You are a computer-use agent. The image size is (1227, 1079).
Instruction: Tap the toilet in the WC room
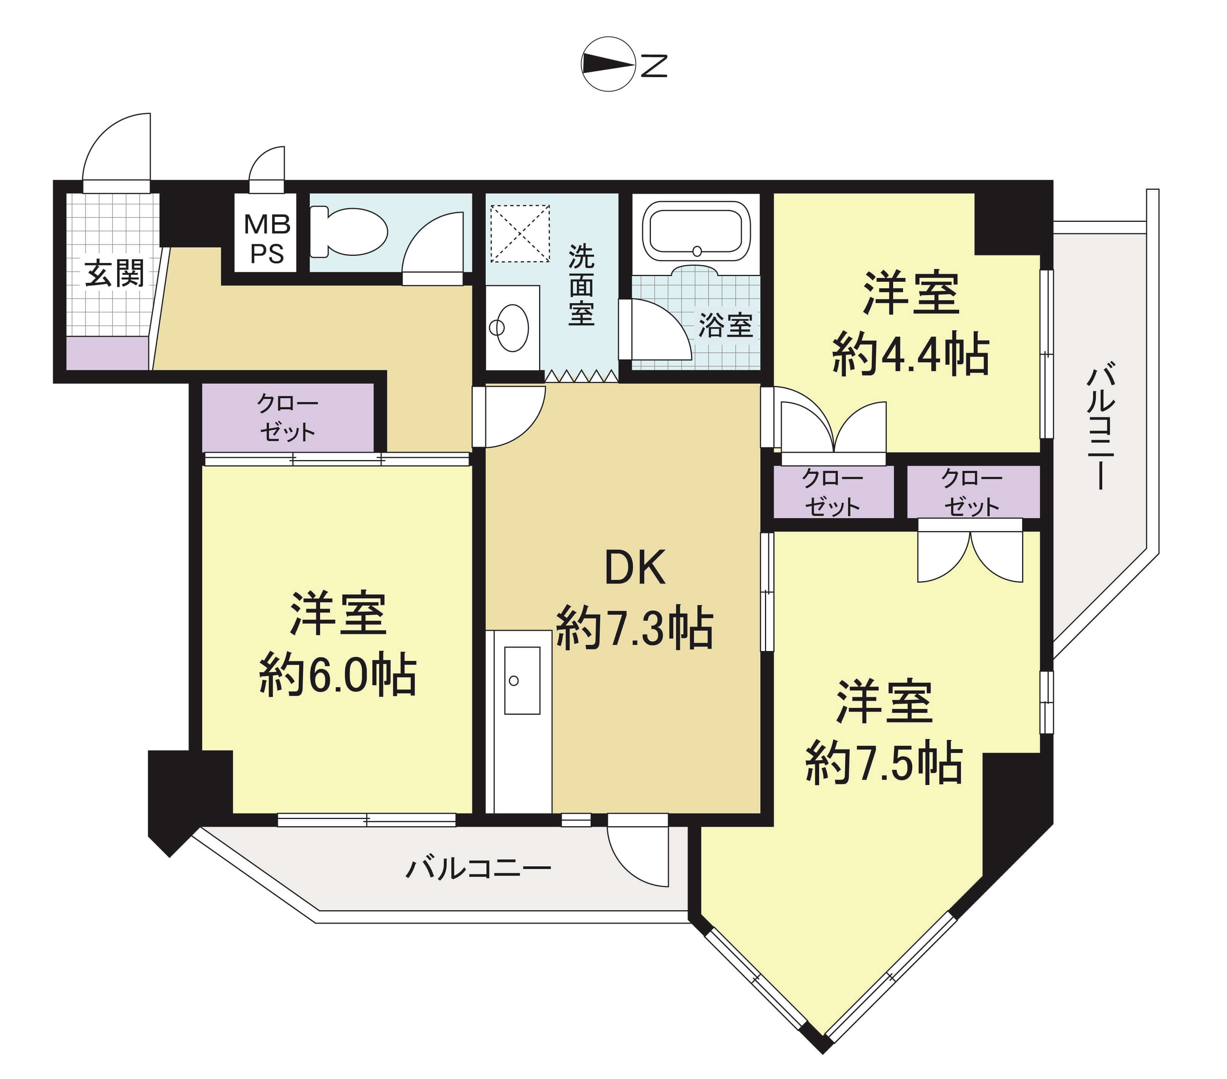pyautogui.click(x=349, y=231)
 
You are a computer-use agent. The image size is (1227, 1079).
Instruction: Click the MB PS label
pyautogui.click(x=267, y=239)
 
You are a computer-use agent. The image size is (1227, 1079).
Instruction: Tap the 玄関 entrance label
pyautogui.click(x=114, y=274)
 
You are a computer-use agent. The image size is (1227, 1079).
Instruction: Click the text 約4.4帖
pyautogui.click(x=911, y=354)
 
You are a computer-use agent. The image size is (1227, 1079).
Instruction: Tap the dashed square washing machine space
pyautogui.click(x=520, y=234)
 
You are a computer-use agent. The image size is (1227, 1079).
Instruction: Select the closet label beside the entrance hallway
pyautogui.click(x=288, y=418)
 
